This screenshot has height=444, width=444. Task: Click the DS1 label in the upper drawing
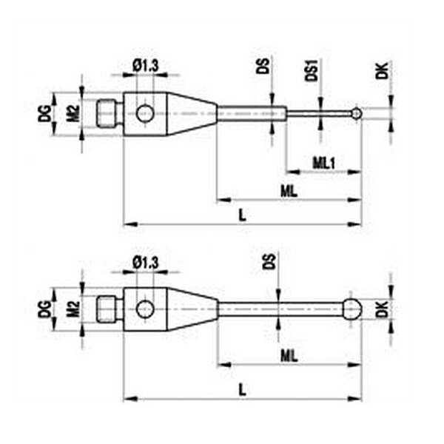click(312, 70)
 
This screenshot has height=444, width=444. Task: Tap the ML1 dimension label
click(324, 163)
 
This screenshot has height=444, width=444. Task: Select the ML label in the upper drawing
click(289, 191)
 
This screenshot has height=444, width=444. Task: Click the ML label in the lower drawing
click(289, 356)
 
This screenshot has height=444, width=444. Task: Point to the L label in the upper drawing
click(243, 215)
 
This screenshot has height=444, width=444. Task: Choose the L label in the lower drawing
click(243, 390)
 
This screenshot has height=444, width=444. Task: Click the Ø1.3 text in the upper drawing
click(146, 66)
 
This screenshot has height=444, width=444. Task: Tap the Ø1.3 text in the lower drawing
click(146, 263)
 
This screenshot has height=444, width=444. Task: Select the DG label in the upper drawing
click(44, 113)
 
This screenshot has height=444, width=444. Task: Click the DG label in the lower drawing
click(44, 309)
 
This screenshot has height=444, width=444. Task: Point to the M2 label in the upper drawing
click(73, 113)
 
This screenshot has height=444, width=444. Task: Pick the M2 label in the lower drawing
click(73, 309)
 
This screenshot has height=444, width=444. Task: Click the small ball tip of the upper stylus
click(357, 113)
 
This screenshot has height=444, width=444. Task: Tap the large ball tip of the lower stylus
click(352, 309)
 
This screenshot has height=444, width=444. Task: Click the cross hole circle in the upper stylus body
click(145, 113)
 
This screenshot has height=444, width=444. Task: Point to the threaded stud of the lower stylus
click(107, 309)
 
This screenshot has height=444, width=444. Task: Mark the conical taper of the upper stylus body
click(192, 113)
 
